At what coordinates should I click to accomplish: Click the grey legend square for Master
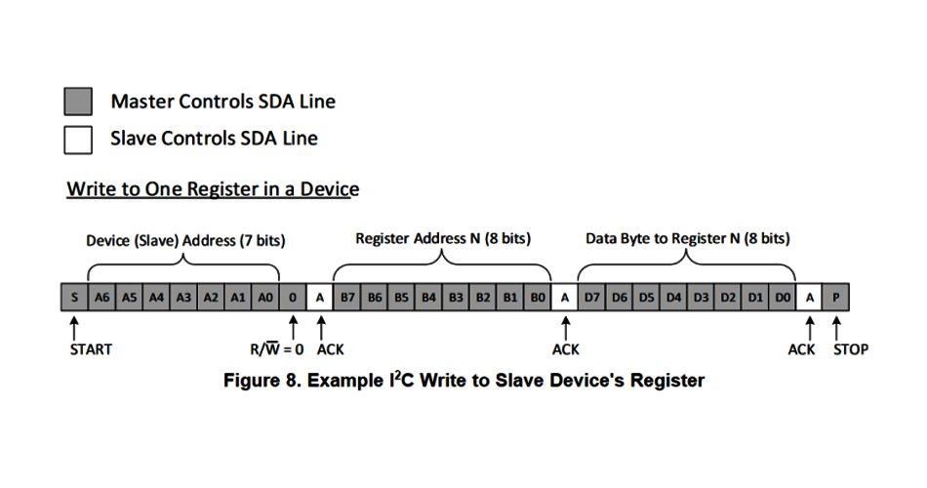(x=78, y=102)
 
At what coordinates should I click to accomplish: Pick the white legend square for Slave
(x=78, y=139)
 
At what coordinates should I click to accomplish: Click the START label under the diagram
(x=91, y=349)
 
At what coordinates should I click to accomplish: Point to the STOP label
(x=850, y=349)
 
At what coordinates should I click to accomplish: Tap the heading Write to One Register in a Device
(x=213, y=189)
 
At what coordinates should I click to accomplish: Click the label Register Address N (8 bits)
(x=443, y=238)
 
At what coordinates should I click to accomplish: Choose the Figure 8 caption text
(x=463, y=381)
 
